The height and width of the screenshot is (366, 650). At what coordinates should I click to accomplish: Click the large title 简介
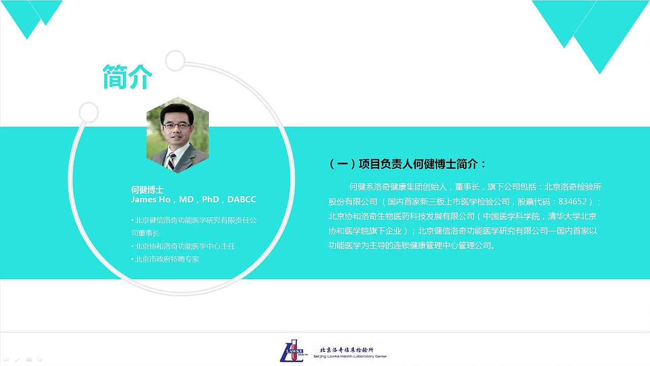click(x=127, y=77)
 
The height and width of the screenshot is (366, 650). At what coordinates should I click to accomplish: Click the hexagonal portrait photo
click(x=178, y=135)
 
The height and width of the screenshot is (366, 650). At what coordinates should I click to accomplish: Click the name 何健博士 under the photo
click(x=147, y=190)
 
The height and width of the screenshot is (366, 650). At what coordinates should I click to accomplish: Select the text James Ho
click(x=151, y=199)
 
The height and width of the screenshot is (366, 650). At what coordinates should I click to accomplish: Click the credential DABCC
click(x=242, y=199)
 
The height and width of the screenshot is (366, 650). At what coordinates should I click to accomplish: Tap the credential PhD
click(x=210, y=199)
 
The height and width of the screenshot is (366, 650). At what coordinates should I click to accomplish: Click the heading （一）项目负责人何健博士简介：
click(x=408, y=164)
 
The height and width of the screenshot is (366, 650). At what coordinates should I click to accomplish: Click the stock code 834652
click(x=572, y=202)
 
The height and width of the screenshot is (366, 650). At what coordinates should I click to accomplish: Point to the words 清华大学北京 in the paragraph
click(x=572, y=217)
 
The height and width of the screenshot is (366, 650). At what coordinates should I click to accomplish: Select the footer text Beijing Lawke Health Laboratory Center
click(x=352, y=357)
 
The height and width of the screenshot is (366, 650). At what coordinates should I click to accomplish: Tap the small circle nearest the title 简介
click(x=175, y=60)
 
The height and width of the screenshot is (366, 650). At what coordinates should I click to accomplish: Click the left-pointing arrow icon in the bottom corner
click(x=6, y=359)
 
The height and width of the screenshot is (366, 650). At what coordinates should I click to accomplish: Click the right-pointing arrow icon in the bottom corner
click(x=40, y=359)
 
